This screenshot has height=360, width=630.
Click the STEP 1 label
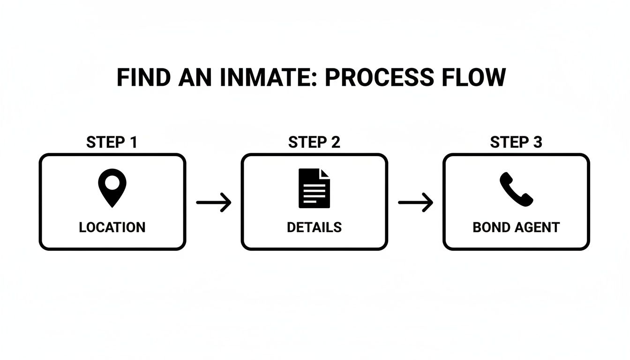pyautogui.click(x=112, y=142)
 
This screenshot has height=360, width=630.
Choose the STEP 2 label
pyautogui.click(x=314, y=142)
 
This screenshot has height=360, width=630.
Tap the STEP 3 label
pyautogui.click(x=516, y=142)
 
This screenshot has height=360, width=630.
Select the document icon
pyautogui.click(x=314, y=188)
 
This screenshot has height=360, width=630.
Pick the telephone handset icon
pyautogui.click(x=516, y=189)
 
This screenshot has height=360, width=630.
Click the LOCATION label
pyautogui.click(x=112, y=227)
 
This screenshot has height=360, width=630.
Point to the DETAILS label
pyautogui.click(x=314, y=227)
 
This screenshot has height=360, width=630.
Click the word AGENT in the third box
pyautogui.click(x=537, y=227)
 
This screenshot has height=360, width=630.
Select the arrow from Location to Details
pyautogui.click(x=214, y=202)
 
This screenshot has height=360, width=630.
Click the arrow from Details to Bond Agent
pyautogui.click(x=415, y=202)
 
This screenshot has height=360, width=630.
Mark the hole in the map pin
pyautogui.click(x=112, y=182)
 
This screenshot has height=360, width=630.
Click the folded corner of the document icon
pyautogui.click(x=325, y=173)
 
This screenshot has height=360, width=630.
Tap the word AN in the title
pyautogui.click(x=192, y=78)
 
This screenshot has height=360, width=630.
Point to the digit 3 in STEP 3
pyautogui.click(x=537, y=142)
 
